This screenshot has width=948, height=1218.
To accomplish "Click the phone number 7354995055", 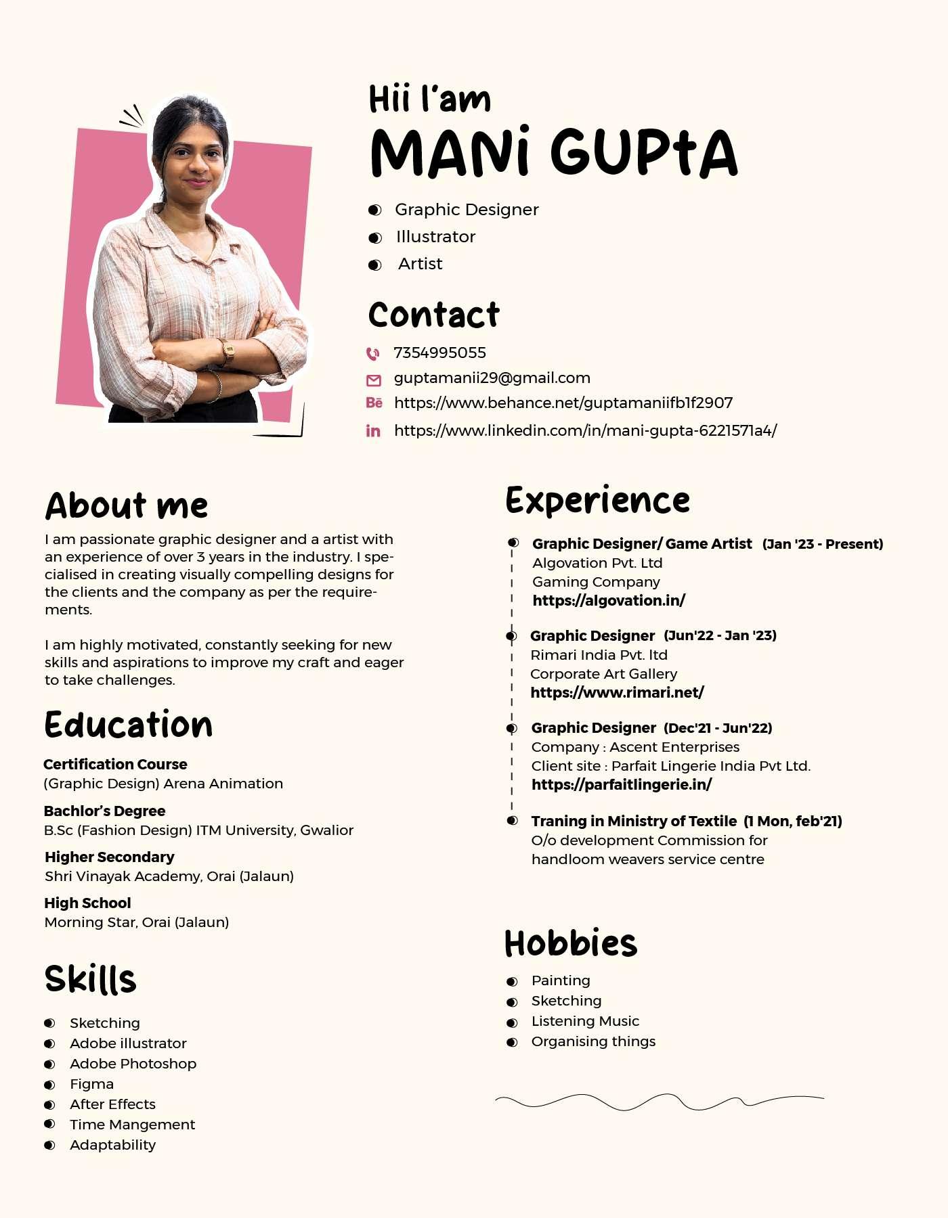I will (x=439, y=353).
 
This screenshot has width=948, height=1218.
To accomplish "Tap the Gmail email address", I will (x=492, y=378).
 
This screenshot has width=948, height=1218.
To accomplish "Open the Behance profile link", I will (x=563, y=403).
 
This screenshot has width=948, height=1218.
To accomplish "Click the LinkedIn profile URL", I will (x=585, y=430).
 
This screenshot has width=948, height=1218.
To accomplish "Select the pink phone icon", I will (x=373, y=353).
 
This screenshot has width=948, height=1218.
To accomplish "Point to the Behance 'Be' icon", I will (x=374, y=403).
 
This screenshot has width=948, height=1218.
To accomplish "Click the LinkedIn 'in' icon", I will (x=373, y=431).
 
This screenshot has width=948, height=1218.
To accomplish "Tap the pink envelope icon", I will (x=373, y=380).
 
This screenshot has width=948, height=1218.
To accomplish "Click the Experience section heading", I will (x=597, y=501).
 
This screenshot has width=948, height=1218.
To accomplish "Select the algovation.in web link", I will (x=608, y=600).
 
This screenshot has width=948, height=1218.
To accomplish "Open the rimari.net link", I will (x=617, y=692).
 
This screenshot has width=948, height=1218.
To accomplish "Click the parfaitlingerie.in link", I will (x=621, y=784).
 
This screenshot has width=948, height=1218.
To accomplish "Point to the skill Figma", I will (x=91, y=1084).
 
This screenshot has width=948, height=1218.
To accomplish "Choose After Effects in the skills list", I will (x=112, y=1104).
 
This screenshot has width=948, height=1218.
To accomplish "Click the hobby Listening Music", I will (x=585, y=1021).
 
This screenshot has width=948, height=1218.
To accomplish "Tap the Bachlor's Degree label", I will (x=104, y=811).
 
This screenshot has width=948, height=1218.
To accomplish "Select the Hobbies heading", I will (x=571, y=944).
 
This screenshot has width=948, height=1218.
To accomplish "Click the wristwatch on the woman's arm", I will (x=228, y=351).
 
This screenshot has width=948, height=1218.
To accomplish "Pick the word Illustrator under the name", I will (x=435, y=237).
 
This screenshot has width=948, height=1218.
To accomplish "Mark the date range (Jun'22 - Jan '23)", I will (x=720, y=635).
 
